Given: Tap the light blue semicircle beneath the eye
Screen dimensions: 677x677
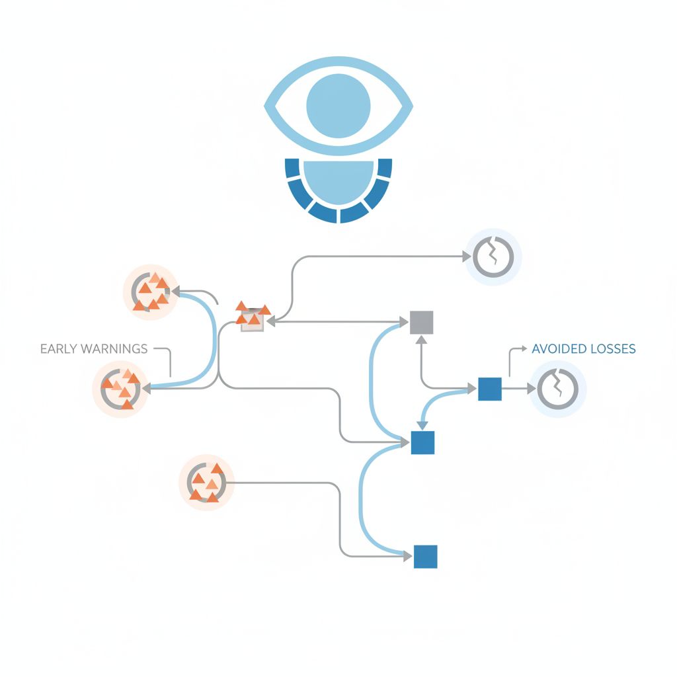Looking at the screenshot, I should coord(338,180).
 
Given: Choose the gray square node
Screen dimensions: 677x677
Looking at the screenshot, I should coord(421,322).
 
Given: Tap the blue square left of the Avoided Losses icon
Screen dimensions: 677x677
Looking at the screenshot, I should coord(489,389).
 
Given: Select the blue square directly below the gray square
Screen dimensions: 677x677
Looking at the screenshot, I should coord(422,442).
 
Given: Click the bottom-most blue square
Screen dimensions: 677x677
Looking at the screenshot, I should coord(425,557).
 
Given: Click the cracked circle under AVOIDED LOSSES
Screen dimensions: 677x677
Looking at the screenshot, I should coord(558,389).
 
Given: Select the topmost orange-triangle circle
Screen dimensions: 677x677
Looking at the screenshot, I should coord(151,292).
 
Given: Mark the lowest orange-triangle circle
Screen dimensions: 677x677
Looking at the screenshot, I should coord(206,483).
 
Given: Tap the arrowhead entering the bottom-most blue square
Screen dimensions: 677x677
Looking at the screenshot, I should coord(408,557).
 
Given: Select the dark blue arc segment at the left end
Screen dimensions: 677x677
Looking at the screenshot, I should coord(292,168).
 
